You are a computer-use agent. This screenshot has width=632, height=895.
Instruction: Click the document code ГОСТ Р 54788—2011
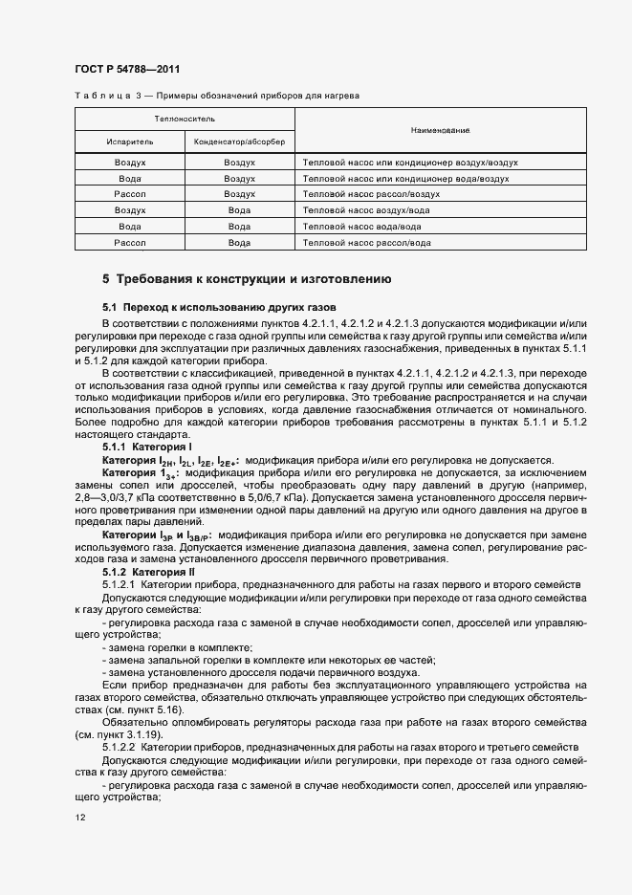[x=127, y=69]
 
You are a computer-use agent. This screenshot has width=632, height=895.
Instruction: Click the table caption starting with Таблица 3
[x=217, y=96]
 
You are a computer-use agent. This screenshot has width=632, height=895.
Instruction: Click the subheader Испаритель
[x=129, y=142]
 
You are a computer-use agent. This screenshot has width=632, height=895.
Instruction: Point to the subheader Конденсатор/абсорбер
[x=239, y=142]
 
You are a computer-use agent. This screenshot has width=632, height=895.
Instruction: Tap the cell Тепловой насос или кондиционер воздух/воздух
[x=410, y=163]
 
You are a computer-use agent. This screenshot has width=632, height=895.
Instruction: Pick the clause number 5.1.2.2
[x=121, y=746]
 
